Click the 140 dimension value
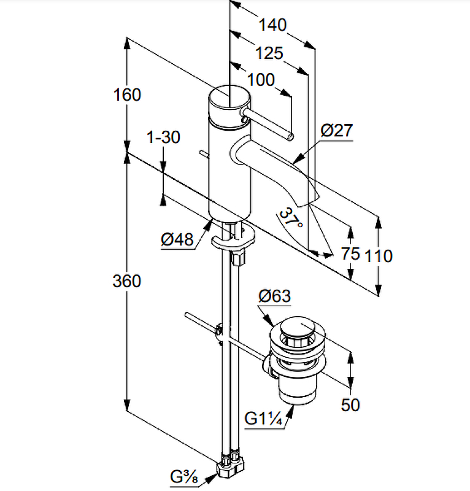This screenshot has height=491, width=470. [x=272, y=25]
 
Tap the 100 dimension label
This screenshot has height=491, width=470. [x=261, y=80]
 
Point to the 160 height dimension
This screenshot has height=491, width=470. [x=127, y=95]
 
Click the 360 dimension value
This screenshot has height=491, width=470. [x=127, y=281]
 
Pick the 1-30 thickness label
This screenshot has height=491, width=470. [x=164, y=137]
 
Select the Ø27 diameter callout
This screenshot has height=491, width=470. [x=336, y=131]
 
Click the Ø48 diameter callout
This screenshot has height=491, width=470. [x=177, y=240]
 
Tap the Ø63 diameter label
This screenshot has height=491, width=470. [x=274, y=296]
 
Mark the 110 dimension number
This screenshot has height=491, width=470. [x=378, y=255]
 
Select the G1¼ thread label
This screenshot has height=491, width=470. [x=263, y=419]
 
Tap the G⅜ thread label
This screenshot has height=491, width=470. [x=184, y=476]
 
